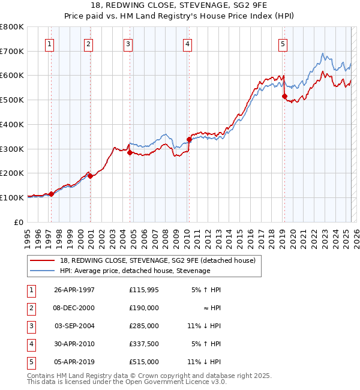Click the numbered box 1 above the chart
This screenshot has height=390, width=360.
pyautogui.click(x=49, y=43)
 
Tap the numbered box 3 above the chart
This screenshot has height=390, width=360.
pyautogui.click(x=128, y=43)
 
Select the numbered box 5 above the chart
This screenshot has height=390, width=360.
pyautogui.click(x=283, y=43)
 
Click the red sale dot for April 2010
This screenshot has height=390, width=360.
pyautogui.click(x=189, y=139)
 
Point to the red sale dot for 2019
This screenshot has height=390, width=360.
pyautogui.click(x=284, y=96)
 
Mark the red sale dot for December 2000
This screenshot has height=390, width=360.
pyautogui.click(x=90, y=176)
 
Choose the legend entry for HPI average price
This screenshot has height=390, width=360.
pyautogui.click(x=134, y=271)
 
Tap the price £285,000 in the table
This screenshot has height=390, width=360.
pyautogui.click(x=144, y=326)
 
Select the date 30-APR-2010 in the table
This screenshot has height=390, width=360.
pyautogui.click(x=74, y=344)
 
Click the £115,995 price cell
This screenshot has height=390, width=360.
pyautogui.click(x=144, y=290)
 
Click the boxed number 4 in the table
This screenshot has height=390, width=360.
pyautogui.click(x=31, y=344)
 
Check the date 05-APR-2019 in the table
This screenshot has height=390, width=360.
pyautogui.click(x=74, y=362)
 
